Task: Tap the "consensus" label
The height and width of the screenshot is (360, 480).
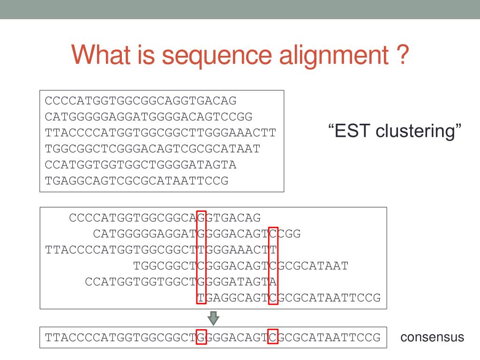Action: click(x=432, y=337)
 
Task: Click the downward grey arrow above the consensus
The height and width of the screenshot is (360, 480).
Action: click(x=213, y=318)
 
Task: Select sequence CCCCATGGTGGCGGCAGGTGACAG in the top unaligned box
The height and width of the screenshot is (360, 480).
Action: click(x=141, y=101)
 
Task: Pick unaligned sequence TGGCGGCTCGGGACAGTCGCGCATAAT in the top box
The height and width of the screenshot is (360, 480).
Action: click(x=152, y=149)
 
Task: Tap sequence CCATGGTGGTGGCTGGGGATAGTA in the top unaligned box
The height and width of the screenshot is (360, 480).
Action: click(x=141, y=165)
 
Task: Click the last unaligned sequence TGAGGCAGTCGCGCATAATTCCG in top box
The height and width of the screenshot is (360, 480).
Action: click(x=136, y=181)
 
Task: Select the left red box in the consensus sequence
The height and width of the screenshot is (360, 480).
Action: click(x=201, y=337)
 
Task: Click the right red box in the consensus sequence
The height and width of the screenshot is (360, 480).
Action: click(x=273, y=337)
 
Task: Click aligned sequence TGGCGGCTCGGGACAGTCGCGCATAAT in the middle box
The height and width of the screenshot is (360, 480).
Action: click(x=241, y=266)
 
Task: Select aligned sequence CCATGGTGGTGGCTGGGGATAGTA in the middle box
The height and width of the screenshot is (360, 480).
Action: click(x=181, y=282)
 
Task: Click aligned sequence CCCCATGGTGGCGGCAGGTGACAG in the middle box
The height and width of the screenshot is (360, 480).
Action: click(x=165, y=218)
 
